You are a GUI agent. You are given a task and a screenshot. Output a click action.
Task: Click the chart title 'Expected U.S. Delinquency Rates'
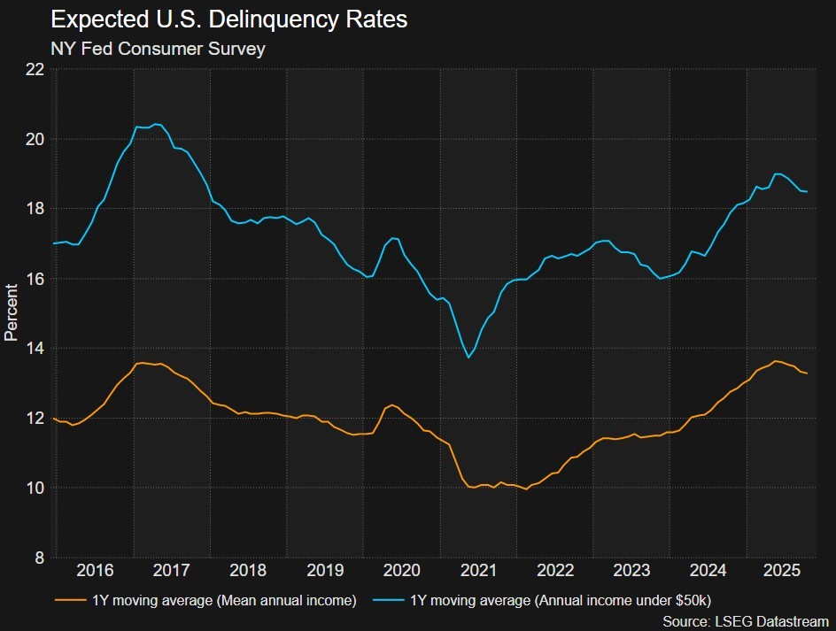click(x=228, y=19)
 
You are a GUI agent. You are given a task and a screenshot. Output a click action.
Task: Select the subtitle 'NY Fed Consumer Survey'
click(x=158, y=50)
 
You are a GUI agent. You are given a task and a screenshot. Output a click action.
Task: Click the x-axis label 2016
click(x=95, y=570)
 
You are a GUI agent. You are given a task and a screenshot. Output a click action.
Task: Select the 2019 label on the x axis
click(x=325, y=570)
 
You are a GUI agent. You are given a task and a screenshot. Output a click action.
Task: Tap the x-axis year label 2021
click(x=479, y=570)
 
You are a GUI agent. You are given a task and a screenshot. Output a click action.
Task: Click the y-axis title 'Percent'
click(x=12, y=312)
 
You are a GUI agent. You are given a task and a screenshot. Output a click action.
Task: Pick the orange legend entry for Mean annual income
click(x=205, y=601)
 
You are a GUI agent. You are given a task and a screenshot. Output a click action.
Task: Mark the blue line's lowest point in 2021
click(x=468, y=358)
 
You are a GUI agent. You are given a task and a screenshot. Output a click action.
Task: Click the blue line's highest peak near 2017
click(x=156, y=124)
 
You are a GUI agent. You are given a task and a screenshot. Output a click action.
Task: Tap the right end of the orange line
click(x=807, y=373)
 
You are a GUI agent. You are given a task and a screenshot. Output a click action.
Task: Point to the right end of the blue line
click(x=807, y=192)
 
